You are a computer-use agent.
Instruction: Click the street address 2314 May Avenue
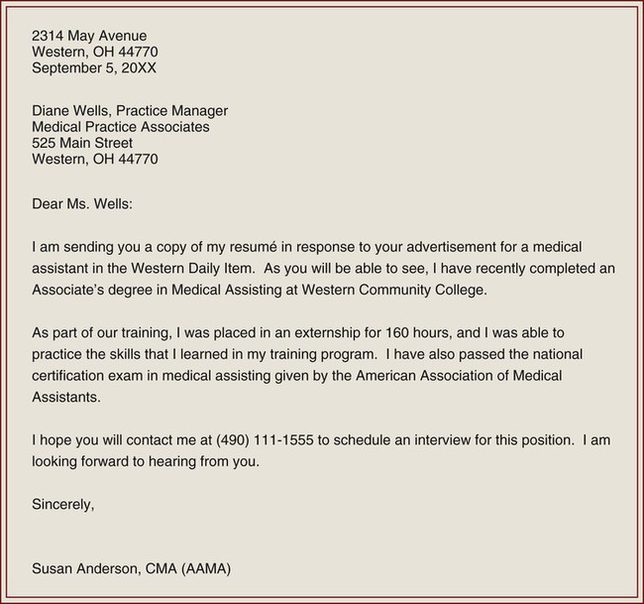(x=89, y=36)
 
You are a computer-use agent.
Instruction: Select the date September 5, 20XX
(x=94, y=68)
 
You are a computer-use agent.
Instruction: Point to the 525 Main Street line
(x=82, y=143)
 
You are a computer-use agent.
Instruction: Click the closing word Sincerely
(x=63, y=504)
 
